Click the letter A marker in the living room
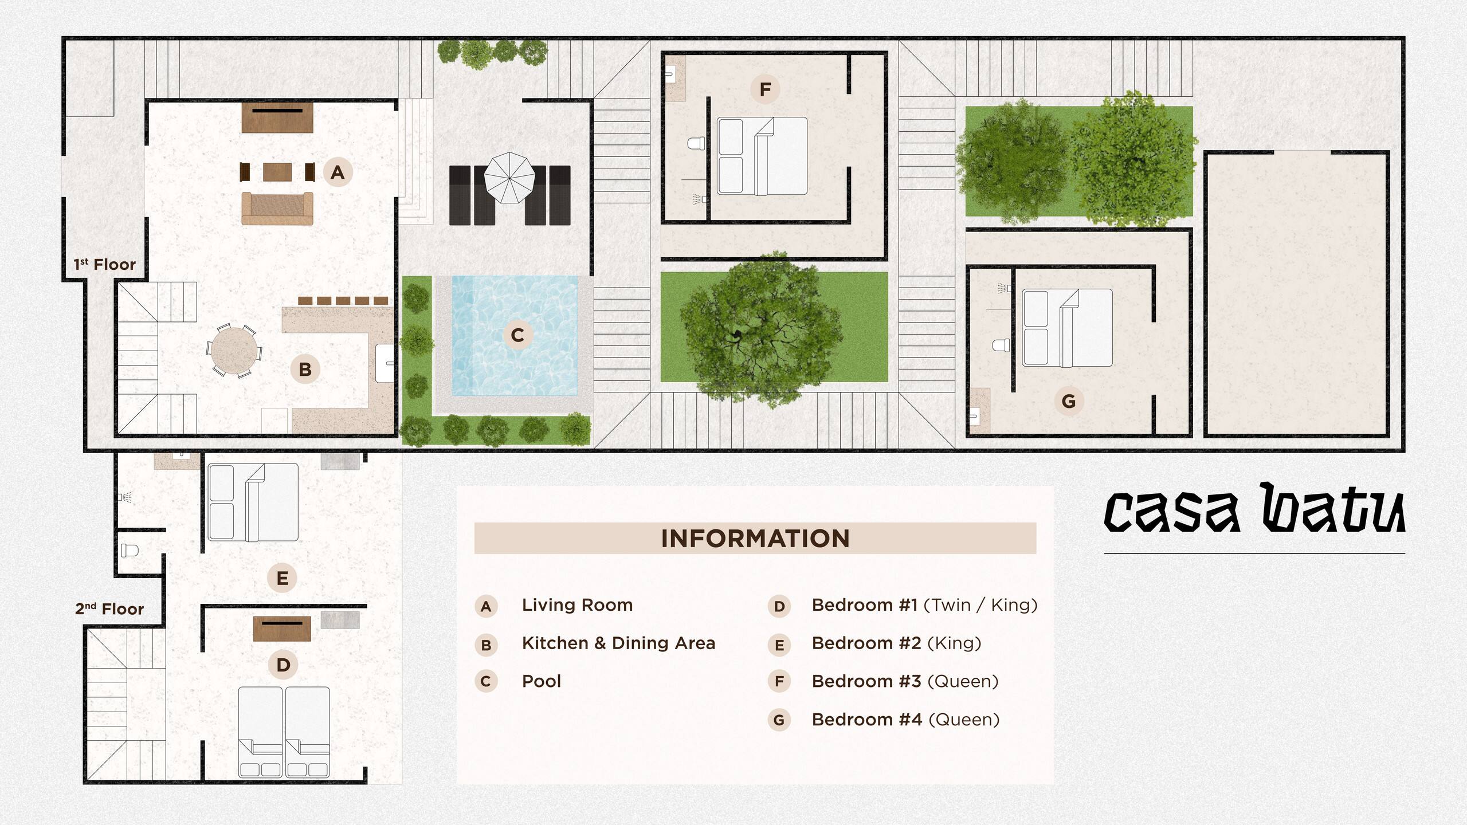tap(337, 172)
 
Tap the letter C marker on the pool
tap(517, 335)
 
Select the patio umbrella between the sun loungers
tap(510, 178)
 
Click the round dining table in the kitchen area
tap(234, 350)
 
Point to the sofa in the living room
tap(277, 208)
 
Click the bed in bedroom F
tap(762, 156)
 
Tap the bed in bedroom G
tap(1067, 328)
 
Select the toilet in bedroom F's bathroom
tap(696, 143)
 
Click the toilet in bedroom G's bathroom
tap(1001, 345)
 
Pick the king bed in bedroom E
tap(253, 502)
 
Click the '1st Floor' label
tap(104, 265)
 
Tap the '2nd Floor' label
tap(109, 609)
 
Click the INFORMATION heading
tap(755, 539)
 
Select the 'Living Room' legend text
tap(577, 605)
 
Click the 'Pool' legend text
tap(542, 681)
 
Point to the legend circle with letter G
tap(779, 720)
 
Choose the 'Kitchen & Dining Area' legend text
tap(619, 643)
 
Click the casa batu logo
tap(1254, 508)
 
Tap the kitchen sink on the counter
tap(385, 363)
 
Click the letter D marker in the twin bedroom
tap(283, 665)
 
